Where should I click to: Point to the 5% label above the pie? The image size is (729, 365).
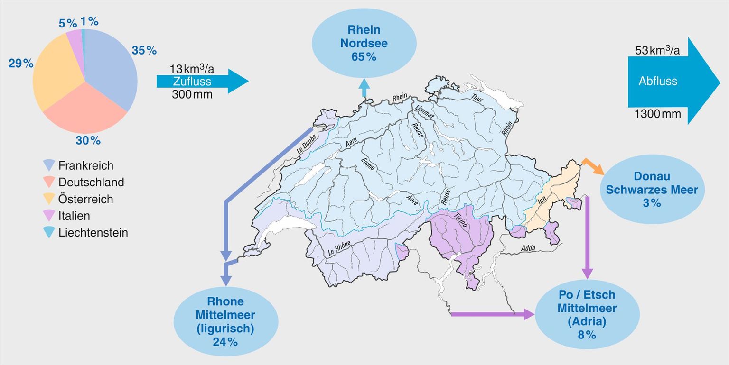tap(68, 23)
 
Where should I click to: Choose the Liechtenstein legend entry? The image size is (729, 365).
tap(93, 233)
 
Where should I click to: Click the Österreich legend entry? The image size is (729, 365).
tap(85, 199)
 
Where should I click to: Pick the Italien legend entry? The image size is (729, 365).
tap(74, 216)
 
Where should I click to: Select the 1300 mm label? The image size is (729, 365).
tap(657, 114)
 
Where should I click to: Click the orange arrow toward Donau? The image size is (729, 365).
tap(593, 167)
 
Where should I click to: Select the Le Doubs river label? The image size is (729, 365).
tap(307, 143)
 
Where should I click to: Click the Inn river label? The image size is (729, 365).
tap(542, 200)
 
